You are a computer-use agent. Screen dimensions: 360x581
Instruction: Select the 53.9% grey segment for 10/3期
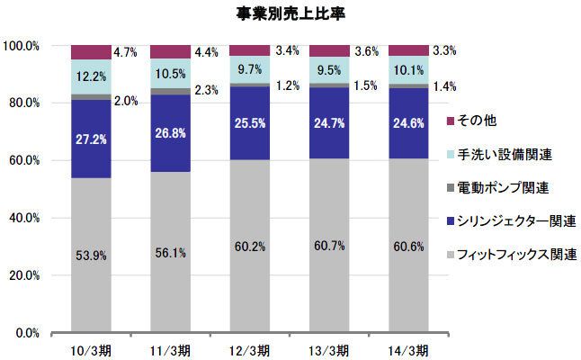[91, 256]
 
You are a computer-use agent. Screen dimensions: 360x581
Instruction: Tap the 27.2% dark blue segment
[91, 139]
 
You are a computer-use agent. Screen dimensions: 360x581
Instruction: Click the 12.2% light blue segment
[91, 76]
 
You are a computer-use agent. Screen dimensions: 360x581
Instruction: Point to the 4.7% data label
[126, 51]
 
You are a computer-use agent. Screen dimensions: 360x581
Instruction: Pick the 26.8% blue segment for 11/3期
[170, 133]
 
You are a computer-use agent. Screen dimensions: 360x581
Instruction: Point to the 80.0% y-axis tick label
[22, 103]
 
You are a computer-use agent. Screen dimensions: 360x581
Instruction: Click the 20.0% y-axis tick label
[22, 275]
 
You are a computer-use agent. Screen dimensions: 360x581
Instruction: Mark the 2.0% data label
[126, 101]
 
